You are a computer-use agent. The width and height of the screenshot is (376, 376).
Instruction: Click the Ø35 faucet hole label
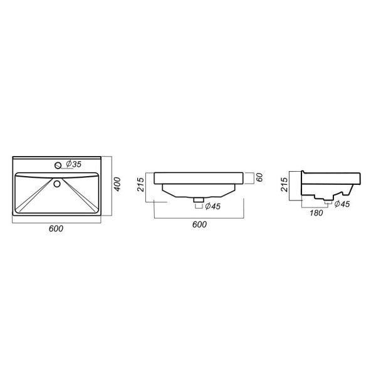73,164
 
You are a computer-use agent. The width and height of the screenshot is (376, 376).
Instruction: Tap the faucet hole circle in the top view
58,165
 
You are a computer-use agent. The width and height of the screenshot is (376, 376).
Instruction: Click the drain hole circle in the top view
57,184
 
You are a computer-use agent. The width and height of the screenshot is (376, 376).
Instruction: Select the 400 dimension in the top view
117,184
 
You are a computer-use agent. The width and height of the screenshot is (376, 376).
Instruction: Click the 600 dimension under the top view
56,229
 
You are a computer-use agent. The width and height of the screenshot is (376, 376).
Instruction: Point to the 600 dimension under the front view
199,224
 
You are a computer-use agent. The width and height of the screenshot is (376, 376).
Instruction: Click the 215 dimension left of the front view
140,184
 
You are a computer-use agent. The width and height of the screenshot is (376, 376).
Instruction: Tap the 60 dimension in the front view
259,177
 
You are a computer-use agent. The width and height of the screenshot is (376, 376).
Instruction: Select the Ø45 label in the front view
212,206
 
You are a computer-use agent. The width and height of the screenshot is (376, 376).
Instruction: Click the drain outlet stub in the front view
199,199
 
